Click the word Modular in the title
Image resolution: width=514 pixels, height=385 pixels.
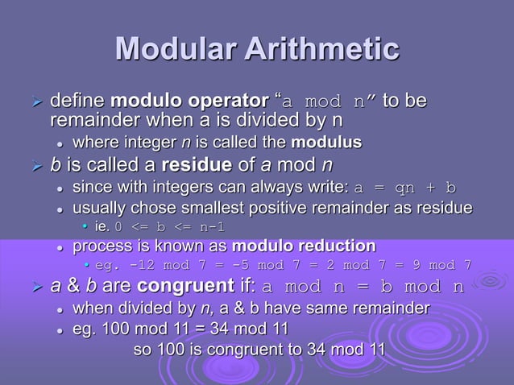click(168, 48)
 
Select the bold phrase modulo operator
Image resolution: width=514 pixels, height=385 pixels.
click(189, 103)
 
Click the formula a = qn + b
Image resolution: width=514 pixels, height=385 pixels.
click(405, 188)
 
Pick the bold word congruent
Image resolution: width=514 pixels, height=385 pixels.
click(187, 287)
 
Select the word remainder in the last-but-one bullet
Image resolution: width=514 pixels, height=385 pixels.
click(390, 308)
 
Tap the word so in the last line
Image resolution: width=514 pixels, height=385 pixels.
click(142, 350)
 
